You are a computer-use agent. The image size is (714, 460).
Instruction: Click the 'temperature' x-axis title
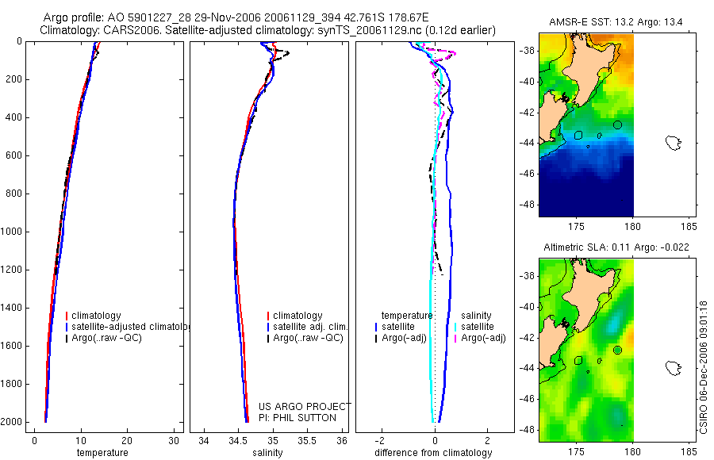click(x=102, y=453)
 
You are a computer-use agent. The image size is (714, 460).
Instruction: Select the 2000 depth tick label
click(x=12, y=422)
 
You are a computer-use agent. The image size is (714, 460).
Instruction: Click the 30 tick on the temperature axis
click(x=175, y=440)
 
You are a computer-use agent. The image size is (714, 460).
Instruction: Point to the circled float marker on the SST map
click(x=617, y=125)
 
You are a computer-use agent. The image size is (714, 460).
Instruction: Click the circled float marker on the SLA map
click(x=617, y=350)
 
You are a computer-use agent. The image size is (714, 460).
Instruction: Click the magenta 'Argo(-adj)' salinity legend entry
click(x=484, y=338)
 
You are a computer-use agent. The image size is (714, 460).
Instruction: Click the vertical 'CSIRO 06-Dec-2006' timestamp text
click(x=704, y=365)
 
